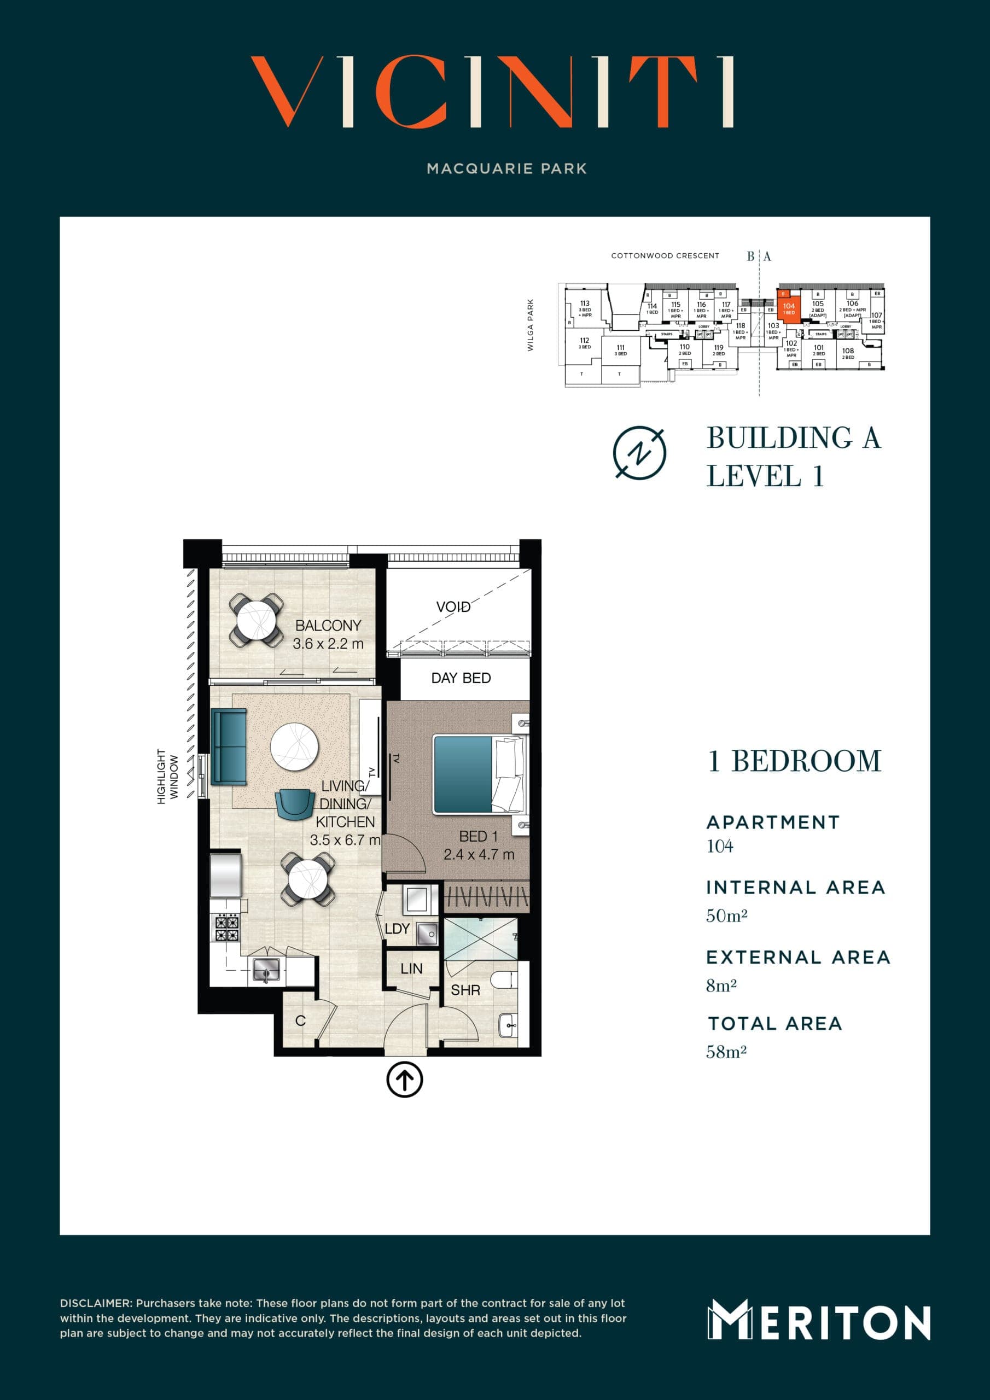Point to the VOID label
tap(453, 606)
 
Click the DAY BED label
tap(461, 678)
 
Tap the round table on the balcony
tap(256, 620)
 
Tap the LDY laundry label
tap(397, 929)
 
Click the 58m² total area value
tap(726, 1052)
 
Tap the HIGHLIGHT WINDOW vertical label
tap(167, 776)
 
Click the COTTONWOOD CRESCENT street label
tap(665, 255)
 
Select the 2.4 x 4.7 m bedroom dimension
tap(479, 854)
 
